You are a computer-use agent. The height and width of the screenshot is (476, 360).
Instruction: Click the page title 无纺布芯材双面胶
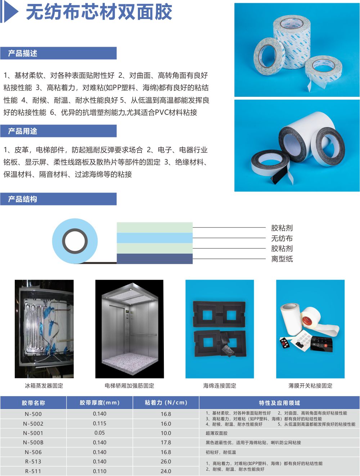click(x=99, y=12)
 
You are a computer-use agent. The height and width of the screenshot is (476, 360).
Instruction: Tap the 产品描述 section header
click(x=23, y=53)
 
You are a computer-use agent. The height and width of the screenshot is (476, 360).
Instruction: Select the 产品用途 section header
click(x=23, y=131)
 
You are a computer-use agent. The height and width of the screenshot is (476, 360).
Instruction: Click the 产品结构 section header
click(x=23, y=199)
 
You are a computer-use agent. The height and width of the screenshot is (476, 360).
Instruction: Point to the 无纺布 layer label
click(x=282, y=238)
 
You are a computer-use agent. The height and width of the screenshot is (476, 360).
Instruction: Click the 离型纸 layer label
click(x=282, y=259)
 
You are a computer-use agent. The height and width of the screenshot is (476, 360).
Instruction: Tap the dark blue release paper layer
click(x=154, y=259)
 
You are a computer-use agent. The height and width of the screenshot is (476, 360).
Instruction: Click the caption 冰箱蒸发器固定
click(x=44, y=386)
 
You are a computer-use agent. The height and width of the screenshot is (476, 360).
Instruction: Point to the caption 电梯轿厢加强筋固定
click(x=129, y=386)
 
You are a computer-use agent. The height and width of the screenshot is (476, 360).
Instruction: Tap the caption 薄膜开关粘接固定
click(x=310, y=386)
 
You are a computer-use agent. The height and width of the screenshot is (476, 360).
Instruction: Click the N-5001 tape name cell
click(x=33, y=433)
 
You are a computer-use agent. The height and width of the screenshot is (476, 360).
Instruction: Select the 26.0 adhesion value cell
click(x=166, y=462)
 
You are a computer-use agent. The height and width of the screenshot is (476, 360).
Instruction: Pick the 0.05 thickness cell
click(x=100, y=433)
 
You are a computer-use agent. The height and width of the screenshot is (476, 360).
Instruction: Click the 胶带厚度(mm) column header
click(x=100, y=403)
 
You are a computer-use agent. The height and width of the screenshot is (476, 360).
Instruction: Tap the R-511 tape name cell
click(x=33, y=471)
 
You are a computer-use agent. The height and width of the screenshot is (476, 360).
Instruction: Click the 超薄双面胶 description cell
click(x=217, y=433)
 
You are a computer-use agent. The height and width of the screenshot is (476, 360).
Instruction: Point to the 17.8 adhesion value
click(x=166, y=443)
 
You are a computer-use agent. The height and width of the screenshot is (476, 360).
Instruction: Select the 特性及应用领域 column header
click(x=279, y=403)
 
